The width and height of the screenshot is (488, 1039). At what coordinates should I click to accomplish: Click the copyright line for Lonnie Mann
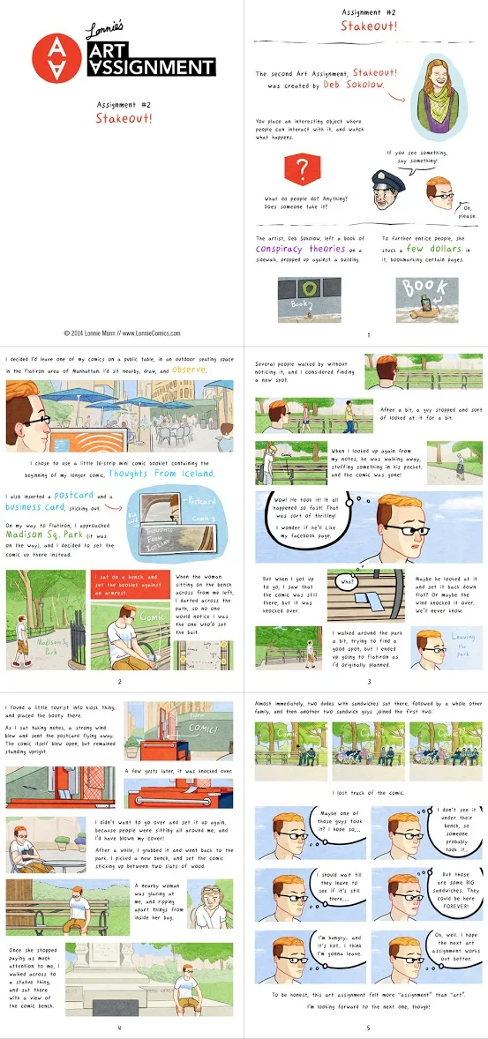[x=123, y=333]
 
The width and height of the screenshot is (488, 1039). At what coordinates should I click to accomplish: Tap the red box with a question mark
[x=303, y=168]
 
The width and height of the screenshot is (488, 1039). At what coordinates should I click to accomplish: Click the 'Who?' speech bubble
[x=348, y=583]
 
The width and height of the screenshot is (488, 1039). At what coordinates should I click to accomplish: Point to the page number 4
[x=119, y=1028]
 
